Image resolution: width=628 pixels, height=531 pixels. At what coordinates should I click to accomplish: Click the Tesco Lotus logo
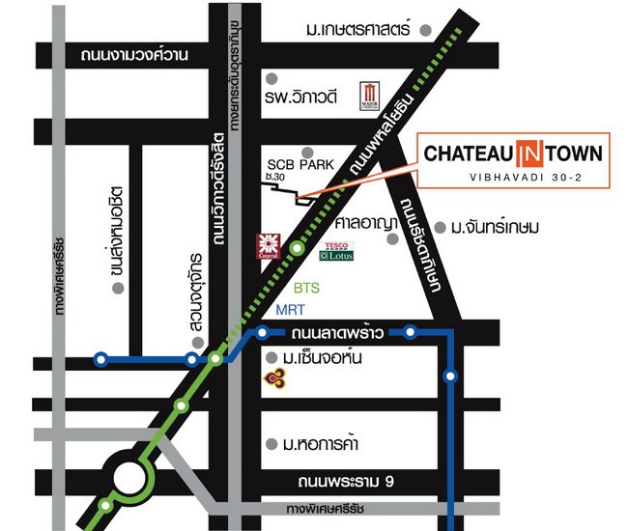[x=337, y=251]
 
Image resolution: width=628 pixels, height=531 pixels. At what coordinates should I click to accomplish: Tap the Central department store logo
[x=267, y=246]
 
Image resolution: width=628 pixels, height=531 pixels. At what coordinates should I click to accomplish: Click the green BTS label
[x=306, y=288]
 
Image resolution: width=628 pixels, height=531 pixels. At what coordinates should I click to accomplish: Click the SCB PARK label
[x=300, y=165]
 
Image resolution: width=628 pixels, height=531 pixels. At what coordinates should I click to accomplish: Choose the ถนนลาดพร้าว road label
[x=337, y=333]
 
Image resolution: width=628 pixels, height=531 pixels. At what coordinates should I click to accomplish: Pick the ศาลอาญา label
[x=366, y=222]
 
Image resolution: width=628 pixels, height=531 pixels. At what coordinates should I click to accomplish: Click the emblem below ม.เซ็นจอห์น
[x=278, y=378]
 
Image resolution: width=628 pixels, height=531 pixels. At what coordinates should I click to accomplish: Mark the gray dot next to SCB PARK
[x=307, y=151]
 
